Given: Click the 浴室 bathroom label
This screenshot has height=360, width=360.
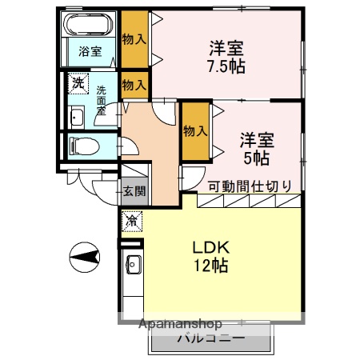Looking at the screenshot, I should (90, 51).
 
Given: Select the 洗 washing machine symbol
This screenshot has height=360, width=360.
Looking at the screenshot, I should (78, 82).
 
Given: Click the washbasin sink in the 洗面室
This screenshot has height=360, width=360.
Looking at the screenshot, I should (77, 118).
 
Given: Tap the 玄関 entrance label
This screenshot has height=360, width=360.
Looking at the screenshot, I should (134, 191).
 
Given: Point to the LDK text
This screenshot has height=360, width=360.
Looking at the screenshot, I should (209, 247).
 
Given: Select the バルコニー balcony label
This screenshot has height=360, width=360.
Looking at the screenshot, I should (210, 338).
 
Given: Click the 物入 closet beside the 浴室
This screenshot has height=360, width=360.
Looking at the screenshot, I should (134, 38).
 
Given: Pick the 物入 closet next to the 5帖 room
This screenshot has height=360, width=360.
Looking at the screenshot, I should (195, 130).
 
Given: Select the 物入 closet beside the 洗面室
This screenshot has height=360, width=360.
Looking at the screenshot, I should (134, 84).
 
